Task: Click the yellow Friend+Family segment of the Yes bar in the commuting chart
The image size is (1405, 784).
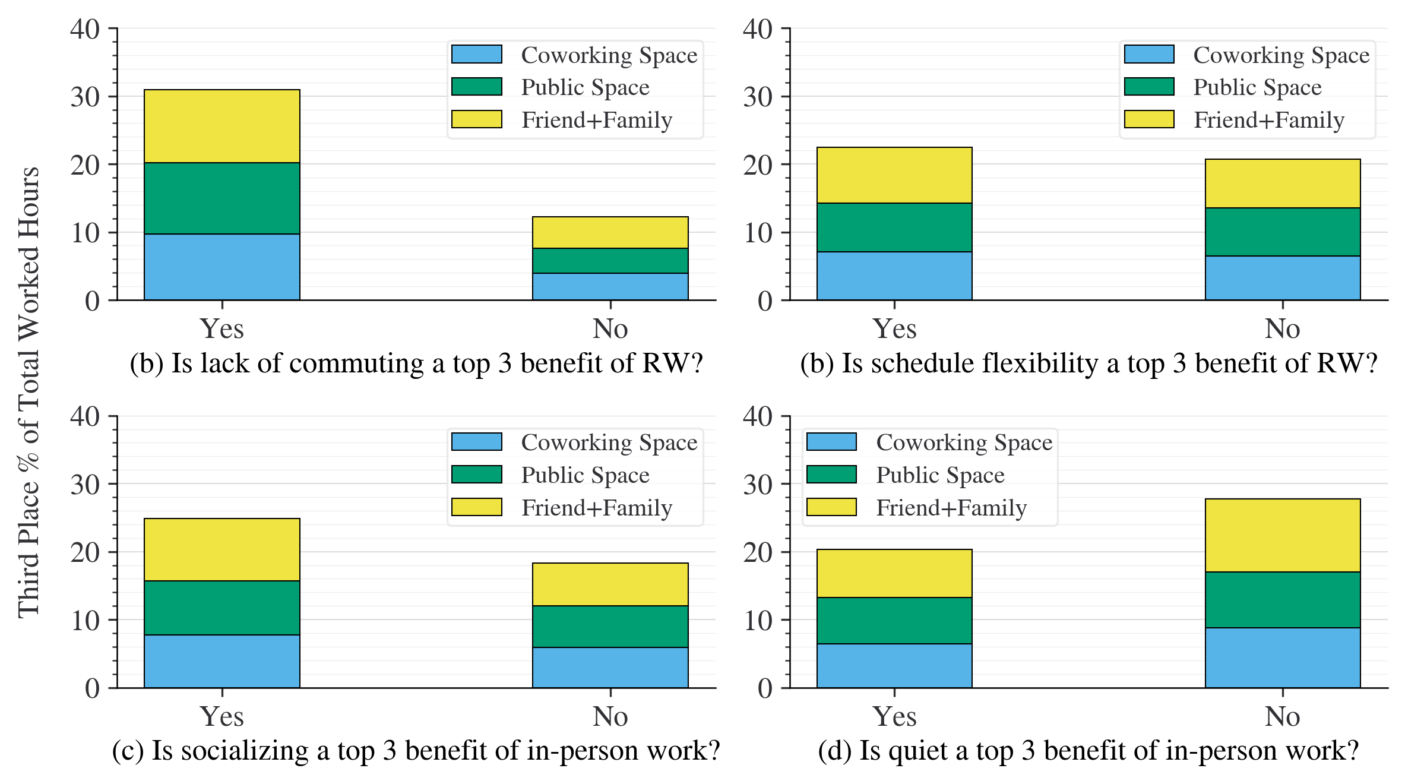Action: (221, 126)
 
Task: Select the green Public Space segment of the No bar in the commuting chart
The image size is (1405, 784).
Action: (610, 260)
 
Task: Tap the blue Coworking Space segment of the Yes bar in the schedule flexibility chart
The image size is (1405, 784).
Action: (894, 276)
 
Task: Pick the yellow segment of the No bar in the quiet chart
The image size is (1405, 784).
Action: (1283, 535)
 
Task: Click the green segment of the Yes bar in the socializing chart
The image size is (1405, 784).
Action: (221, 607)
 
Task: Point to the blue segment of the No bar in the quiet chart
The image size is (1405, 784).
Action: (1283, 657)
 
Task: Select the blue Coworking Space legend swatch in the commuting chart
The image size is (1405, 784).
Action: (476, 54)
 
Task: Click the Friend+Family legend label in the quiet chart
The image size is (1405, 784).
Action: (951, 508)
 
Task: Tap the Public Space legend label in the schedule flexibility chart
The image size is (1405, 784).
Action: (1257, 87)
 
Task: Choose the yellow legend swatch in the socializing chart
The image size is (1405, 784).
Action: (476, 507)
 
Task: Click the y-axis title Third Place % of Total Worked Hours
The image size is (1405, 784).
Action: (29, 392)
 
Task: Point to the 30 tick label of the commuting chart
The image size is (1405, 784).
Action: (85, 97)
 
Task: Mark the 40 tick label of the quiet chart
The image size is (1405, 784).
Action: (757, 416)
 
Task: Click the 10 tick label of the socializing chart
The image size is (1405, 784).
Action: (85, 621)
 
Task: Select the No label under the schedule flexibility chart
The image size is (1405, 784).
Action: (1283, 329)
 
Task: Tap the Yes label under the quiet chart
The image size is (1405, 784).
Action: (894, 716)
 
